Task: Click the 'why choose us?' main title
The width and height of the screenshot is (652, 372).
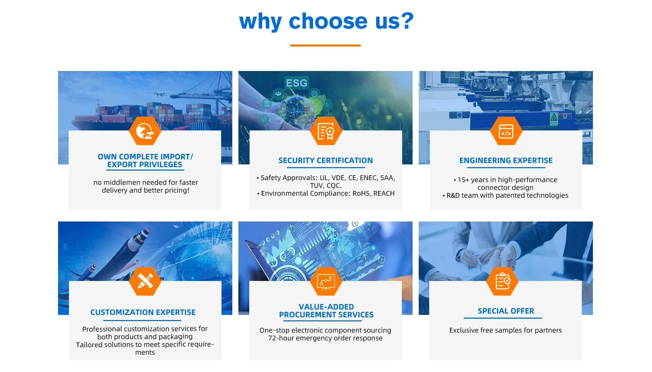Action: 326,21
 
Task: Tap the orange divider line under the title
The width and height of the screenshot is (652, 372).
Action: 325,45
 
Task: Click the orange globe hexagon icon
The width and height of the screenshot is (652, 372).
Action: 145,131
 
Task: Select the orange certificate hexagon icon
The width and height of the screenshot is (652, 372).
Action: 326,131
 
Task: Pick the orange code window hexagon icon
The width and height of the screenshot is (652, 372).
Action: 506,131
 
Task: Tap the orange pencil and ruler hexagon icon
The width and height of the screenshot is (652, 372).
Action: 145,281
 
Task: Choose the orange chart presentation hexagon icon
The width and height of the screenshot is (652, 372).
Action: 326,281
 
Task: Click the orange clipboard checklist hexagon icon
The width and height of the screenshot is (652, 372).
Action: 502,281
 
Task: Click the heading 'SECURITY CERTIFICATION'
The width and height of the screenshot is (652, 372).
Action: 326,160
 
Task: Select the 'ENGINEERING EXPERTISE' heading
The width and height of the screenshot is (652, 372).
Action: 506,160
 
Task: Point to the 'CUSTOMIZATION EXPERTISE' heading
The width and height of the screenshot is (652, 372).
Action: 143,312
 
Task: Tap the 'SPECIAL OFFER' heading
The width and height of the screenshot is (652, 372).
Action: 506,311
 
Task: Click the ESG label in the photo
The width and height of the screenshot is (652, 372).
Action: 296,83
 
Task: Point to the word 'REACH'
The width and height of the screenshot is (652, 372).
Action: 384,193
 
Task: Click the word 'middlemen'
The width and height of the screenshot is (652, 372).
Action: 122,182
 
